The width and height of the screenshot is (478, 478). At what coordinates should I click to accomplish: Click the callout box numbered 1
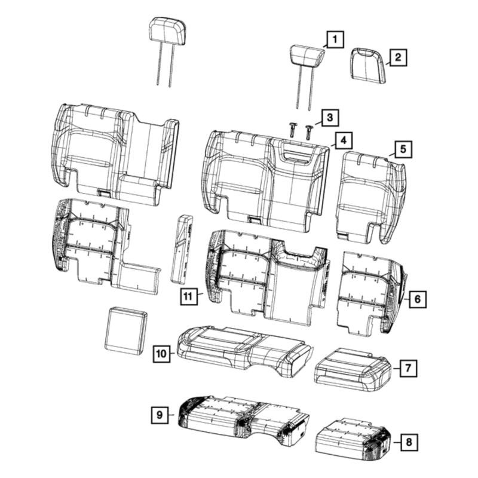pyautogui.click(x=335, y=39)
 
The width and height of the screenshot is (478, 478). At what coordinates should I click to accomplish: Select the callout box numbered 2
pyautogui.click(x=398, y=57)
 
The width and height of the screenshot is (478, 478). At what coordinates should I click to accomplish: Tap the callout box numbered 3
pyautogui.click(x=330, y=118)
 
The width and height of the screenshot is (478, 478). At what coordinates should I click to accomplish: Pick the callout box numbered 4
pyautogui.click(x=344, y=141)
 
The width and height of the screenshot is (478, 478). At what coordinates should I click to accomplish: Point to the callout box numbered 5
pyautogui.click(x=403, y=149)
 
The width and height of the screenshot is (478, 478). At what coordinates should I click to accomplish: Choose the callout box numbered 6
pyautogui.click(x=417, y=299)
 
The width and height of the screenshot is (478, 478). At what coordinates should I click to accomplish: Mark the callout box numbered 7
pyautogui.click(x=409, y=368)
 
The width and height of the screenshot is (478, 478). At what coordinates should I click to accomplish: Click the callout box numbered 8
pyautogui.click(x=409, y=442)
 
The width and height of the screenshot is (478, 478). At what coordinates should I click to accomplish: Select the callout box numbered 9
pyautogui.click(x=160, y=415)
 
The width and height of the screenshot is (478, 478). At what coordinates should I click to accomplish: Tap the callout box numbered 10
pyautogui.click(x=161, y=354)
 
